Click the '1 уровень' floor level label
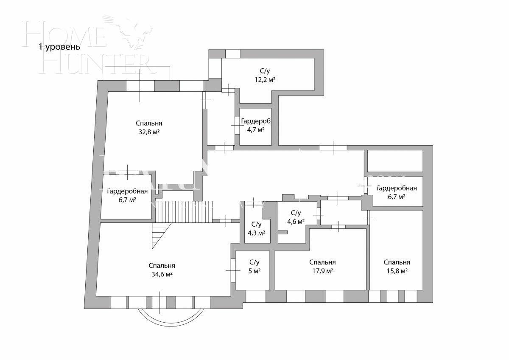[59, 47]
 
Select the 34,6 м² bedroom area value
[162, 274]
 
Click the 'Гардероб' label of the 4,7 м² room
[256, 121]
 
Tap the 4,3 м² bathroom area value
[256, 233]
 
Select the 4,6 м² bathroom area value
[296, 221]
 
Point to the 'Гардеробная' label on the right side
[396, 188]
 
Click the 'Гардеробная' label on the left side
[127, 191]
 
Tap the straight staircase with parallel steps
[183, 211]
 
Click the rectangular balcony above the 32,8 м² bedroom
[137, 73]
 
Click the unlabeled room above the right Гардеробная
[394, 160]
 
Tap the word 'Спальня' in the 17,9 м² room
[322, 262]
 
